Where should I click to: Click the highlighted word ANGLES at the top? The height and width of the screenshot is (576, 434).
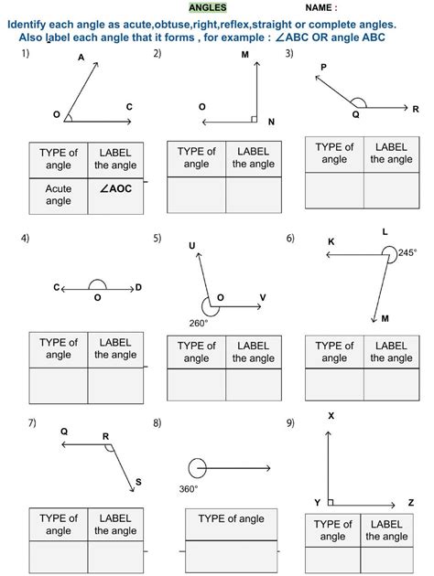point(207,8)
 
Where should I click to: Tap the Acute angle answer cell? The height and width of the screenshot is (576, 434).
point(59,194)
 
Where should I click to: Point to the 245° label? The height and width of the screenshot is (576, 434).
point(407,252)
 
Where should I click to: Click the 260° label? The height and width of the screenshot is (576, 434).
point(199,323)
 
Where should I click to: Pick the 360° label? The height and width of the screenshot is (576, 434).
point(189,489)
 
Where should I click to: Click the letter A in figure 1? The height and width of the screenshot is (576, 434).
point(81,58)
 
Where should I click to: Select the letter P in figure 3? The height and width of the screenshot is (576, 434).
point(323,68)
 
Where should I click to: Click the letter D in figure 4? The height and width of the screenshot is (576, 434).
point(138,288)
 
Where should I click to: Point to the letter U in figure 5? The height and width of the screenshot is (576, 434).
point(192,245)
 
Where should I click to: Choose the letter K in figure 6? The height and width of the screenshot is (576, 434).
point(331,242)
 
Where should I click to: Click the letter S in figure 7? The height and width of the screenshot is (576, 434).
point(138,482)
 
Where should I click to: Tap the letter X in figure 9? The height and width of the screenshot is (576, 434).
point(331,416)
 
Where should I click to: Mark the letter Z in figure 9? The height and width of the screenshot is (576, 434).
point(411,503)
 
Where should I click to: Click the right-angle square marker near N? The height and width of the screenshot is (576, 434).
point(253,119)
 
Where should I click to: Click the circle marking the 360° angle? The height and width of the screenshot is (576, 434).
point(198,468)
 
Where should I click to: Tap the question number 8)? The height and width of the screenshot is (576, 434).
point(157,422)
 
